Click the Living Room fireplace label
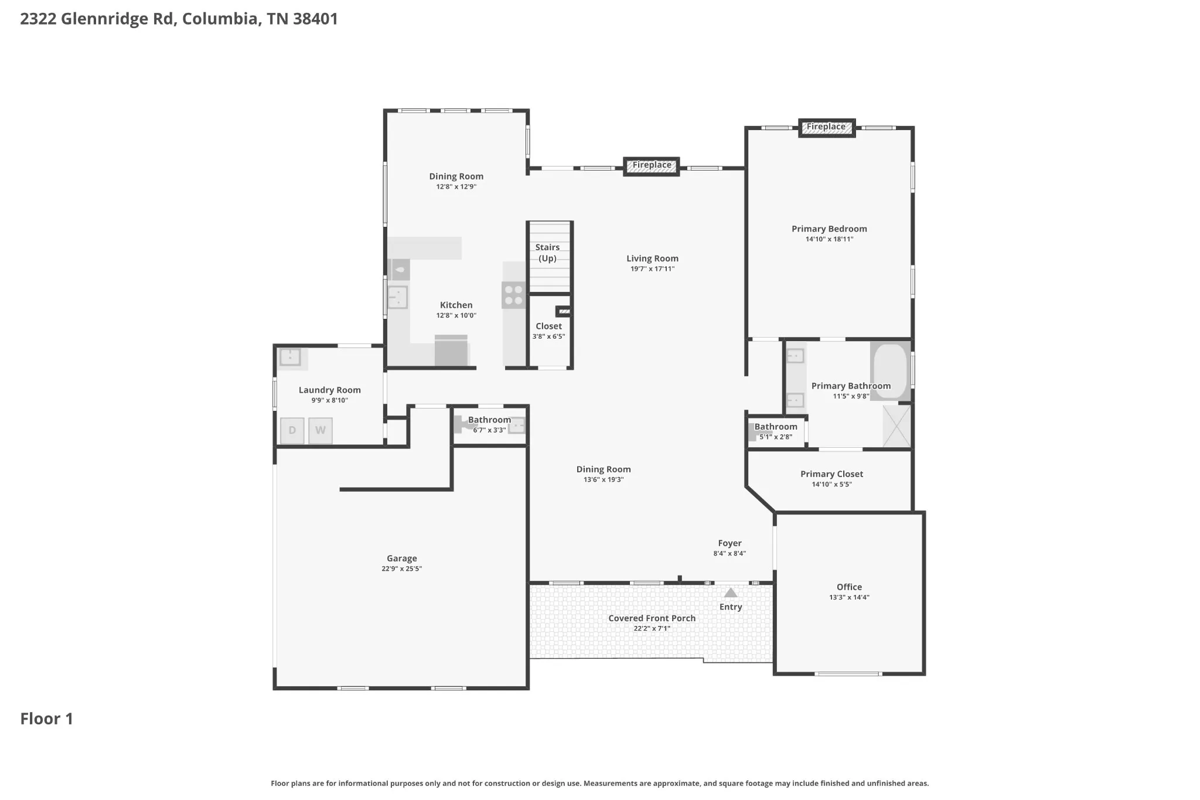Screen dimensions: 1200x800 point(652,165)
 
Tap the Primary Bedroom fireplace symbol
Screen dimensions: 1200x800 point(827,127)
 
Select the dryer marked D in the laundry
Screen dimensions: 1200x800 point(292,431)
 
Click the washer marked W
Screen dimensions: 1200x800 point(321,431)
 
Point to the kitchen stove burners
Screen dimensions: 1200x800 point(514,295)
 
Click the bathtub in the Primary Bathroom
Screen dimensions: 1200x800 point(890,371)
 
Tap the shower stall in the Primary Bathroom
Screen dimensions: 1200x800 point(896,425)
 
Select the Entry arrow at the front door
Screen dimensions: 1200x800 point(731,593)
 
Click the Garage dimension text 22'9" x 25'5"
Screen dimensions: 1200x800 point(402,568)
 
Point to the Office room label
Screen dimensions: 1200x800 point(849,587)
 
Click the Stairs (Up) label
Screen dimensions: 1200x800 point(547,253)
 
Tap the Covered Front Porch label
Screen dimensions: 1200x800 point(652,618)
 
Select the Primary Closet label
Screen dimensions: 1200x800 point(831,474)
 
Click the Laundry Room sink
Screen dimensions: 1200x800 point(290,357)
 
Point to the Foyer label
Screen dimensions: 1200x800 point(729,543)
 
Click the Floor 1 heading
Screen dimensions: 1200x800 point(47,719)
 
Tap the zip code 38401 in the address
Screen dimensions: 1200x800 point(315,19)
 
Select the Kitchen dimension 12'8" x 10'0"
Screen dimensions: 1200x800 point(456,315)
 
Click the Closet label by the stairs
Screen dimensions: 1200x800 point(548,326)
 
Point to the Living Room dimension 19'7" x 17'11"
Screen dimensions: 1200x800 point(652,269)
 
